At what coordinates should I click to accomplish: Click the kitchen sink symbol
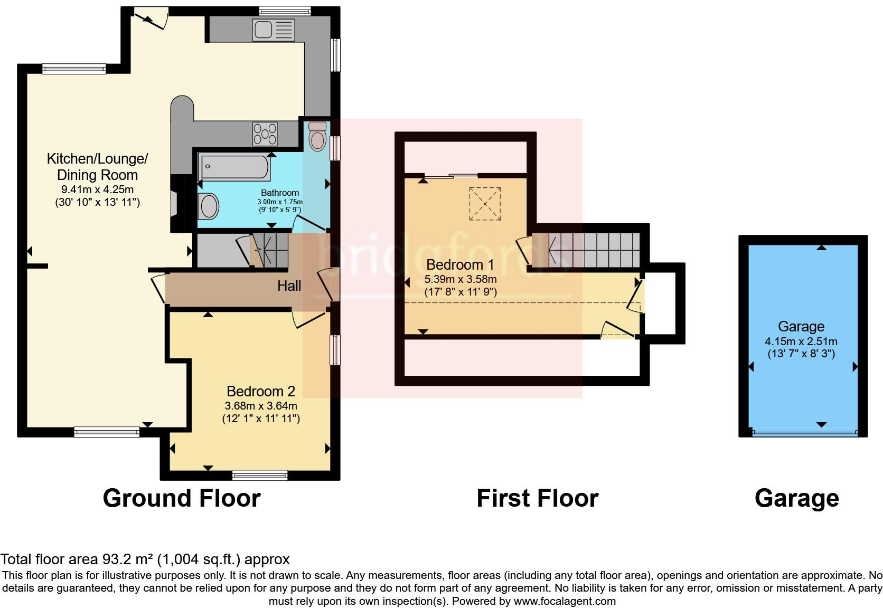point(273,30)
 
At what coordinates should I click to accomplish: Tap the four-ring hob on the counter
point(265,133)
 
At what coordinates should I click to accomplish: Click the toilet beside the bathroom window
point(317,137)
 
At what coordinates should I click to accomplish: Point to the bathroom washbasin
point(208,206)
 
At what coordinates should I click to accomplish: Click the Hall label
point(289,286)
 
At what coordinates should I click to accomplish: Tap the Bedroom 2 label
point(261,391)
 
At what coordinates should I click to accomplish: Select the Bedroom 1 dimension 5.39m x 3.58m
point(461,279)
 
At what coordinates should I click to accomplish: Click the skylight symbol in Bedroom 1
point(485,203)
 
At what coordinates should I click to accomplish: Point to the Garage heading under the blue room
point(796,498)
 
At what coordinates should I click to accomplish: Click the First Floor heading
point(537,498)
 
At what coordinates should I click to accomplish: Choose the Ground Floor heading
point(182,498)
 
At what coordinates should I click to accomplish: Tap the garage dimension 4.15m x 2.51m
point(801,341)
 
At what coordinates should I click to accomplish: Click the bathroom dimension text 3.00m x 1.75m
point(280,202)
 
